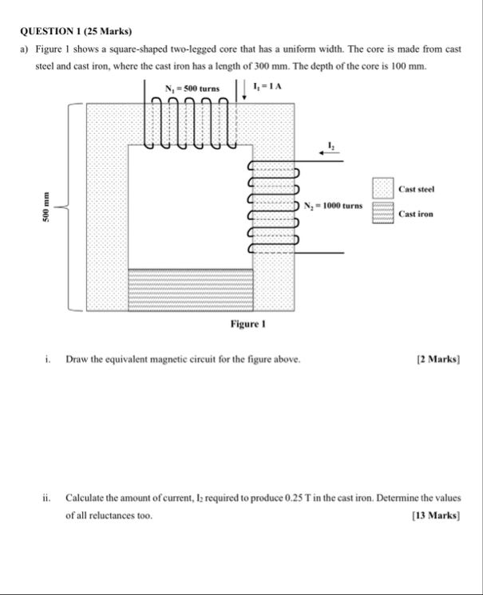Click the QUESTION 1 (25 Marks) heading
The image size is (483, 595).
(x=76, y=31)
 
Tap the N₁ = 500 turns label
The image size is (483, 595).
(x=192, y=89)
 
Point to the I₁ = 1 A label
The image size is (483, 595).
(x=267, y=86)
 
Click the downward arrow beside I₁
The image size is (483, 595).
(x=244, y=89)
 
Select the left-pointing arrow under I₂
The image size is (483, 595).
(x=329, y=153)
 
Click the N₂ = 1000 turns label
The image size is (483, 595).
(x=333, y=206)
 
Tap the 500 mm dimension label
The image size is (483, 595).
(x=46, y=207)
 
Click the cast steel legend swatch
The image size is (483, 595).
(x=382, y=188)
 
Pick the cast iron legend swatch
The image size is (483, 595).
(x=382, y=213)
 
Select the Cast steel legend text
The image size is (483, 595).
(x=416, y=189)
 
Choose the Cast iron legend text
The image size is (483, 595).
(x=416, y=214)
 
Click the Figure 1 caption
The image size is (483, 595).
(x=248, y=324)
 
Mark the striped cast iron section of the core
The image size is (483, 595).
(x=191, y=290)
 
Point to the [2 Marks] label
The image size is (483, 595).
(x=438, y=359)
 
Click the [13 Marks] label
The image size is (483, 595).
(x=436, y=515)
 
